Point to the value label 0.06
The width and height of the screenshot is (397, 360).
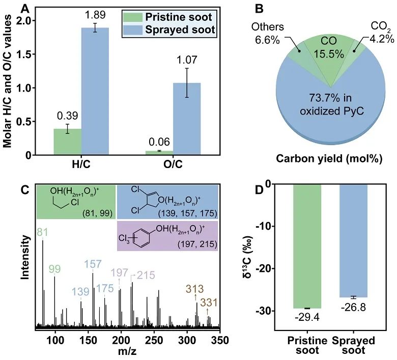pos(160,143)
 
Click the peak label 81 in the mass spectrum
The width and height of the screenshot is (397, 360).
pos(42,232)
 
